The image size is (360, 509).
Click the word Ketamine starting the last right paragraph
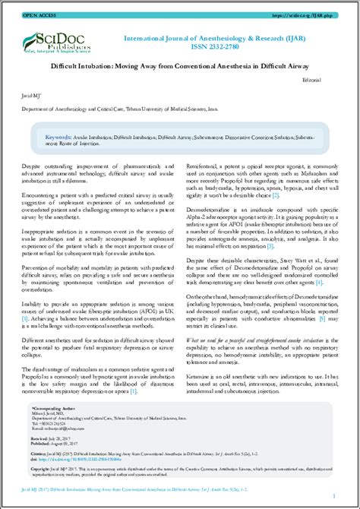tap(201, 375)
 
